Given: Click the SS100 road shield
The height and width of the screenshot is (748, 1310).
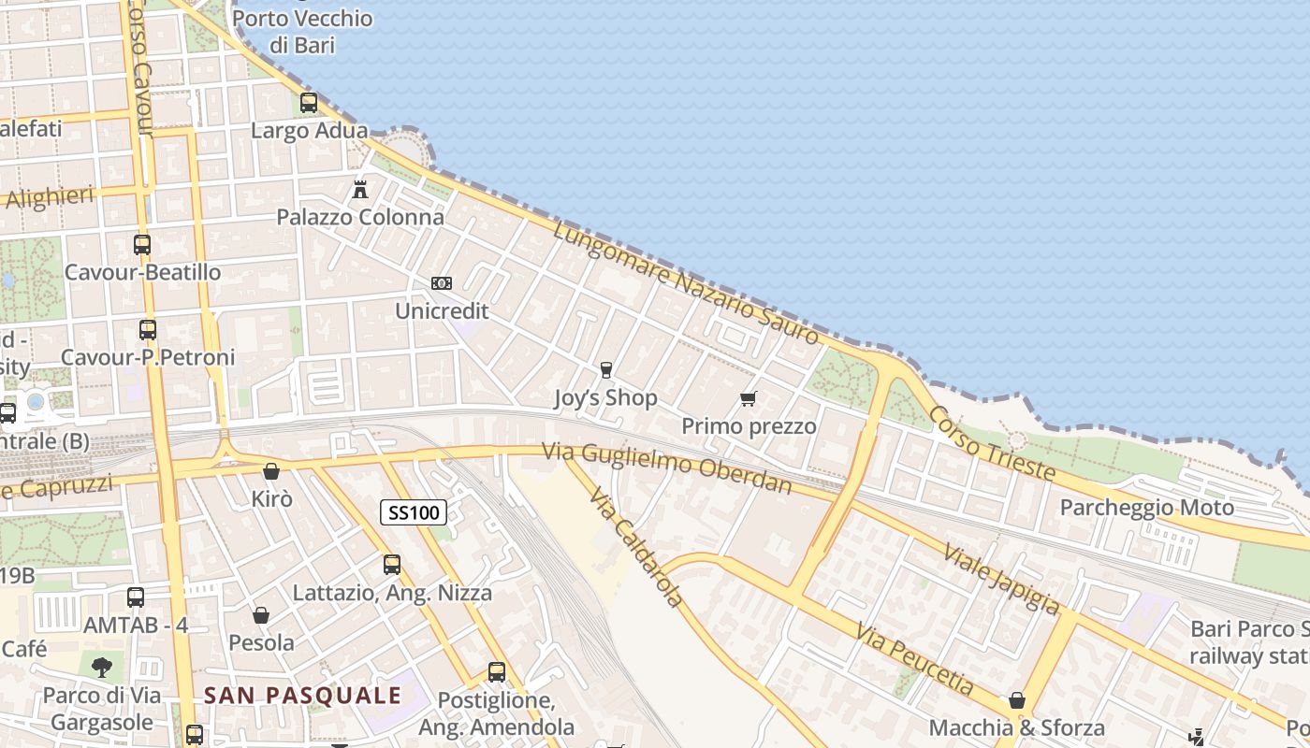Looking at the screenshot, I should coord(414,512).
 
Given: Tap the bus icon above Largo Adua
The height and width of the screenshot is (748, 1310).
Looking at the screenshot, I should coord(309,103).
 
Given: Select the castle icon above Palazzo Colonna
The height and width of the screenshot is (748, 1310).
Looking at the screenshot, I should coord(360,190).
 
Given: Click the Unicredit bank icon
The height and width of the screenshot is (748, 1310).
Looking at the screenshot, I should coord(441,283).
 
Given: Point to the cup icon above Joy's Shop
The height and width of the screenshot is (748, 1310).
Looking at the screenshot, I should coord(605,370).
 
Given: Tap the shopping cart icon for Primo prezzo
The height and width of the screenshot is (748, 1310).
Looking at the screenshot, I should coord(748,399).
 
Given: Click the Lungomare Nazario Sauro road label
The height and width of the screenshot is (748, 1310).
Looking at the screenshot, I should coord(686,282).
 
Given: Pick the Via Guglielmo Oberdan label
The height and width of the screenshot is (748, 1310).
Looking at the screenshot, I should coord(667,467).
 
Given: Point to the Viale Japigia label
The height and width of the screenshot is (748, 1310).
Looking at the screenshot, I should coord(1002,579).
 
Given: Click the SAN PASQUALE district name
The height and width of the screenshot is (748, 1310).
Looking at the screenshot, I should coord(302,696).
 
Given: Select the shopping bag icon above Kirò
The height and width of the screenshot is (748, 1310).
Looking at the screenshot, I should coord(271,471).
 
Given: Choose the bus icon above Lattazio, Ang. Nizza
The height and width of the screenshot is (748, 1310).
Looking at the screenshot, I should coord(392,565).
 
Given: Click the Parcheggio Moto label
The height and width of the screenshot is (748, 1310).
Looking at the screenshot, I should coord(1146,508).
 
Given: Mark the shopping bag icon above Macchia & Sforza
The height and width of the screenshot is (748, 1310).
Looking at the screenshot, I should coord(1017,700).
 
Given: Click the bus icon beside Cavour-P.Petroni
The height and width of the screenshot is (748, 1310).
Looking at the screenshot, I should coord(148,330).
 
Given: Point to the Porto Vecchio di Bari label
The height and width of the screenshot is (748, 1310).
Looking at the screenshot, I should coord(302,31).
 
